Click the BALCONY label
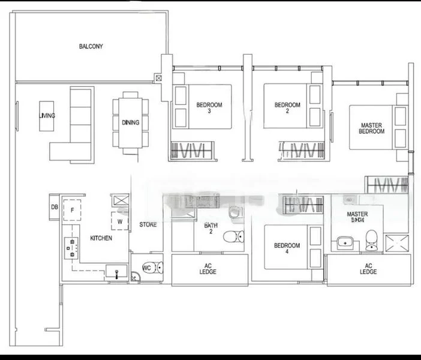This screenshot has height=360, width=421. pos(91,46)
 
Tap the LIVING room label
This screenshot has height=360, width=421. pos(47,116)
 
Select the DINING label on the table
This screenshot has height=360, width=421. pos(130,122)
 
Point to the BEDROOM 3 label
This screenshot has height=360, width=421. pos(209,108)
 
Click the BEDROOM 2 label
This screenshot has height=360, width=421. pos(287,108)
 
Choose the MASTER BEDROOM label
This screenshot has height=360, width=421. pos(372,128)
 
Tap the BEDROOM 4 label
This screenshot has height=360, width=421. pos(287,249)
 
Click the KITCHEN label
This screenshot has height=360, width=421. pos(101,238)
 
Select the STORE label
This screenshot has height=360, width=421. pos(148,225)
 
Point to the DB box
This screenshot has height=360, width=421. pos(55,207)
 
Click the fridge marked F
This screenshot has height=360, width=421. pos(72,210)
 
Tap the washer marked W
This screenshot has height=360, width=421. pos(120,220)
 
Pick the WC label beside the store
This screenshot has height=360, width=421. pos(147,268)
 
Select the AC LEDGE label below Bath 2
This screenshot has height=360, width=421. pos(208,269)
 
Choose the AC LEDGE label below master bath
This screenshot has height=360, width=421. pos(368,269)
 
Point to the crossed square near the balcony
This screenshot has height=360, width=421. pos(158,78)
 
